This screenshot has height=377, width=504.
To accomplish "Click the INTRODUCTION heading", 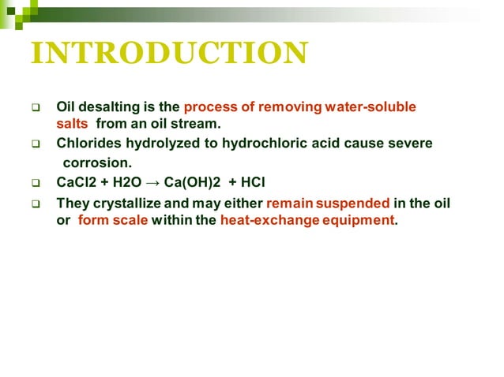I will point(168,54).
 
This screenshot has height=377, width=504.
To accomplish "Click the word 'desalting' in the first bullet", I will point(107,106).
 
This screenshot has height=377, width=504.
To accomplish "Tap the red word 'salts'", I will point(73,124).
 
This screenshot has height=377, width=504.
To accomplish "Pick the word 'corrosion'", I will point(96,164).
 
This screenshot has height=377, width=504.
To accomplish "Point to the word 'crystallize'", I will point(127,203).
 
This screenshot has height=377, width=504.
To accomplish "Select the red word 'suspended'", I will point(353,203).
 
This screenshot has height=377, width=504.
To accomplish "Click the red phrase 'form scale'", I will point(113,221).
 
